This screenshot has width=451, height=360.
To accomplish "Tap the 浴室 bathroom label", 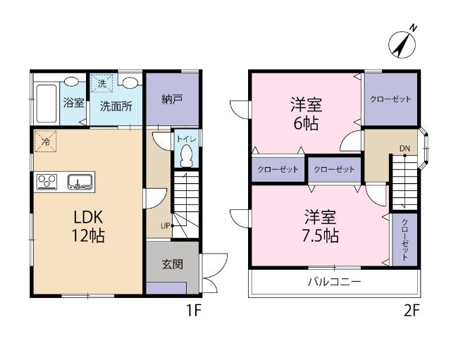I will [73, 103].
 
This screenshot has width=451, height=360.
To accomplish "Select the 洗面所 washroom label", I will [116, 107].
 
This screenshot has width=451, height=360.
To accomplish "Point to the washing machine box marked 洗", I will [103, 83].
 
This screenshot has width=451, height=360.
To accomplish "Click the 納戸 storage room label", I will [172, 99].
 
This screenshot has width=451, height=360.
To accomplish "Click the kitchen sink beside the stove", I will [80, 183].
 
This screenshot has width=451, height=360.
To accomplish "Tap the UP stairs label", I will [165, 226].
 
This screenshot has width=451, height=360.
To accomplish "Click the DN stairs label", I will [404, 148].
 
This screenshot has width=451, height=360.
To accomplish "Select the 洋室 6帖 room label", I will [306, 115].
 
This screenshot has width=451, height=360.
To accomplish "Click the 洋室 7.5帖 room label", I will [321, 225].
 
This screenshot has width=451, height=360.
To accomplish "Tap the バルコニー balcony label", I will [334, 282].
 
